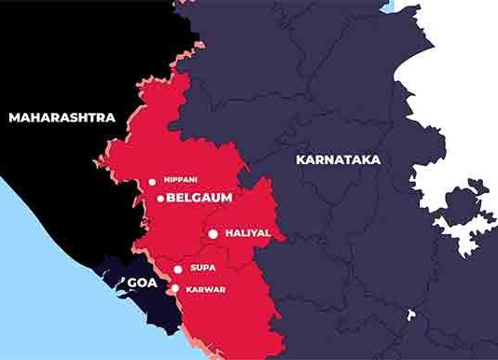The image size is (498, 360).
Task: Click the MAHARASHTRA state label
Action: tap(62, 118)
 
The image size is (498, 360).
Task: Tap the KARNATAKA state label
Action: tap(339, 159)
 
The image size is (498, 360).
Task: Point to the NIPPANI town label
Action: tap(180, 182)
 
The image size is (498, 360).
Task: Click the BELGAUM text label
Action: tap(199, 198)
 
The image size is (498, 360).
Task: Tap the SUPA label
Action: tap(203, 269)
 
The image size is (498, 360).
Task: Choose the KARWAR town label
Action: tap(207, 289)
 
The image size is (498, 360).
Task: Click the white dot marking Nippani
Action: tap(152, 182)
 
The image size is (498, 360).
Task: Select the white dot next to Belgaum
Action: tap(160, 198)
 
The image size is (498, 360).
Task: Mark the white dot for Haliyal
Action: tap(214, 233)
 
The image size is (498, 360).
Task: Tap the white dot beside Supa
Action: tap(177, 269)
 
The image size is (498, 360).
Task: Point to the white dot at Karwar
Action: tap(174, 288)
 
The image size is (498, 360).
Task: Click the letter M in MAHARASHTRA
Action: tap(13, 118)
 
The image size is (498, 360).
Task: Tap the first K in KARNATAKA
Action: tap(300, 159)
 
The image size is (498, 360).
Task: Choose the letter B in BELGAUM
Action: tap(171, 198)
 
